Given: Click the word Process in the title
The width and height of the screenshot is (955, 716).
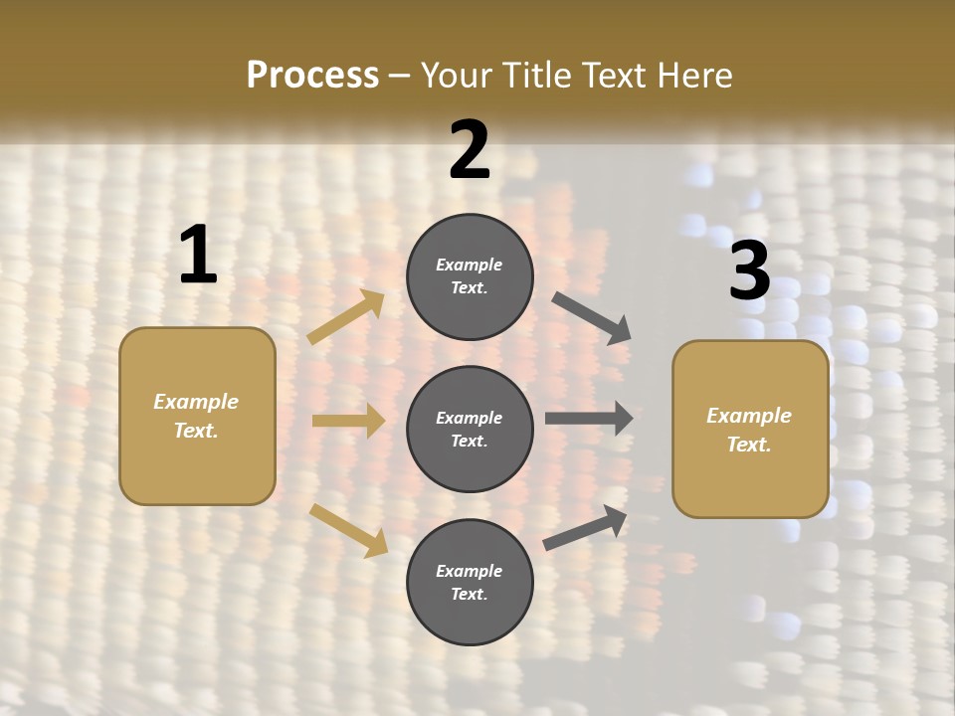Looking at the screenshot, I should coord(312,75).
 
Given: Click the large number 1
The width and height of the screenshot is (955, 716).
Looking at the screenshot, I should coord(198,256).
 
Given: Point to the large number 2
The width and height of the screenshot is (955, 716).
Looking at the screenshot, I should coord(470,150).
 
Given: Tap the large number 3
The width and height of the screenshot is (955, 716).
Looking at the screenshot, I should coord(749,270).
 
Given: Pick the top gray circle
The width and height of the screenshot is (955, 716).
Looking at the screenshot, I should coord(470,276).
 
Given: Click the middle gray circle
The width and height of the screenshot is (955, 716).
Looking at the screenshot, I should coord(470,429).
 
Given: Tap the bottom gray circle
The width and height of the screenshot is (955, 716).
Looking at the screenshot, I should coord(470,582).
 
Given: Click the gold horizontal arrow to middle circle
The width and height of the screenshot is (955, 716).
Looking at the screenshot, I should coord(348,421).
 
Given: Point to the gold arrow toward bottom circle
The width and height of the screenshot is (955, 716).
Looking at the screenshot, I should coord(348,530).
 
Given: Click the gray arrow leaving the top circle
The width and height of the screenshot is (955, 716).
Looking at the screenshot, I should coord(592,318).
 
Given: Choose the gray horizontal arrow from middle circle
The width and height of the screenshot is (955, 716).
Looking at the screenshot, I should coord(589,419).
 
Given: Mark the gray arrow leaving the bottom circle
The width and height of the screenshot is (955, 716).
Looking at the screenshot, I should coord(585,528).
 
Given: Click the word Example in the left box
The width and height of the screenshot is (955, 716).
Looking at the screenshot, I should coord(196,402).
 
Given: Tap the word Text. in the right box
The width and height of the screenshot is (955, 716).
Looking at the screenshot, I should coord(749,445).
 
